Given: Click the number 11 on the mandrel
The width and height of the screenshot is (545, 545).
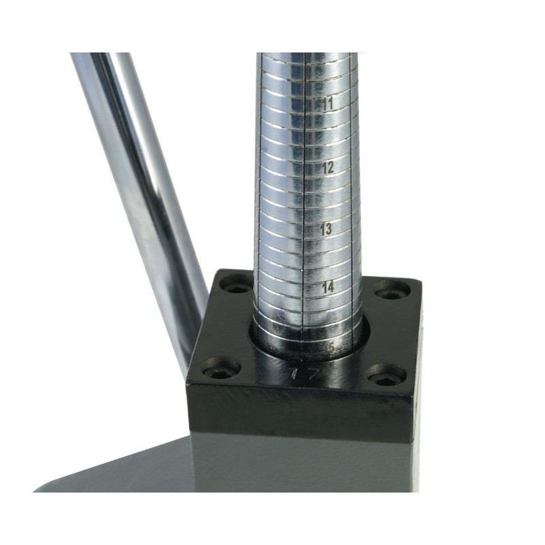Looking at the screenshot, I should click(327, 105).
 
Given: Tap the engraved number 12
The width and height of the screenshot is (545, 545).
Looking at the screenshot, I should click(327, 167).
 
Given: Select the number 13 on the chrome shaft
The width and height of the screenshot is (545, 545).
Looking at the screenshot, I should click(326, 229).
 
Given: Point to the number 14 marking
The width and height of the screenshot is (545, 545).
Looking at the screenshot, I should click(328, 287).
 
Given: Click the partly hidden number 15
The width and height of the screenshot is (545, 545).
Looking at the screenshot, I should click(330, 348).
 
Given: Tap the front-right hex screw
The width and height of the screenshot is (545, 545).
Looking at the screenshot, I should click(387, 375).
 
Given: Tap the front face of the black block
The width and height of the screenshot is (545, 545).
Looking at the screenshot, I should click(300, 416).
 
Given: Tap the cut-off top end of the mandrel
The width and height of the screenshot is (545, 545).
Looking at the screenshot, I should click(307, 54).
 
